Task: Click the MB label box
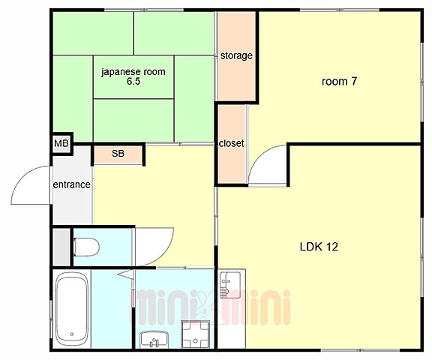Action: [61, 144]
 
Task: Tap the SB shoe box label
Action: [118, 154]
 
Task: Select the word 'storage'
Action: [236, 55]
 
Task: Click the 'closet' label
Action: [232, 143]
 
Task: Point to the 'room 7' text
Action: [339, 81]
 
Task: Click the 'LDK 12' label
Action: [319, 247]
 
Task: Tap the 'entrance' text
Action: [72, 184]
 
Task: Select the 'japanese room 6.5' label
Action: [133, 76]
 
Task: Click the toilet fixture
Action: [86, 247]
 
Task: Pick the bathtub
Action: [72, 309]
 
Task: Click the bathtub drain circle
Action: [72, 334]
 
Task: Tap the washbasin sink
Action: [154, 340]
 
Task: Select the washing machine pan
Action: [195, 334]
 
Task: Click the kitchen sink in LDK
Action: [230, 285]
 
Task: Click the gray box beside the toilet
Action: [61, 247]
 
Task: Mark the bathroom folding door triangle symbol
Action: [126, 274]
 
